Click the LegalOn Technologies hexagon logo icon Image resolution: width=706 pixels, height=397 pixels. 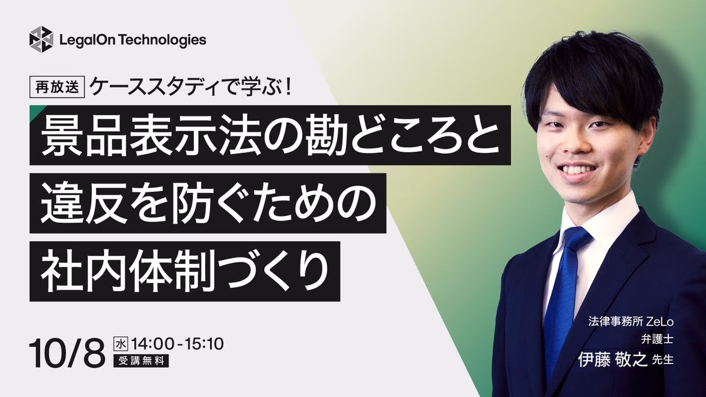(41, 39)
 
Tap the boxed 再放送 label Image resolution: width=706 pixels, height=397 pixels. (57, 87)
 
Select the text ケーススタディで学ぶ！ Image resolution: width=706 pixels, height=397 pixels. (191, 86)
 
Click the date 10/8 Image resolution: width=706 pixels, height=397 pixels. (66, 353)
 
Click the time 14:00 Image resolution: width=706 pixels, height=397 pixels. (152, 343)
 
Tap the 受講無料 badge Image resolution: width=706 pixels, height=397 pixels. (141, 361)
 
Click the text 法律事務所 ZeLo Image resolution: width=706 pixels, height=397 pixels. (631, 322)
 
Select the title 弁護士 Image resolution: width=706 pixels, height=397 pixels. (658, 340)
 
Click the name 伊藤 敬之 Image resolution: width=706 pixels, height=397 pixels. (612, 360)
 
